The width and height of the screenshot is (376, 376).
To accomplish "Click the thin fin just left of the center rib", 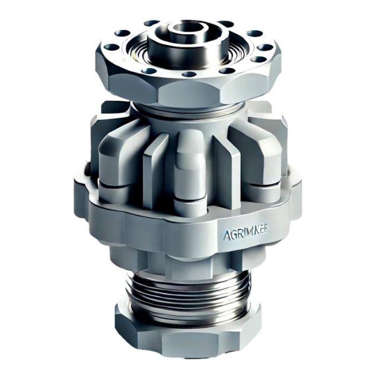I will [153, 161].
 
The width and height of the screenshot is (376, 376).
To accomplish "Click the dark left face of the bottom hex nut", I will [125, 325].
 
